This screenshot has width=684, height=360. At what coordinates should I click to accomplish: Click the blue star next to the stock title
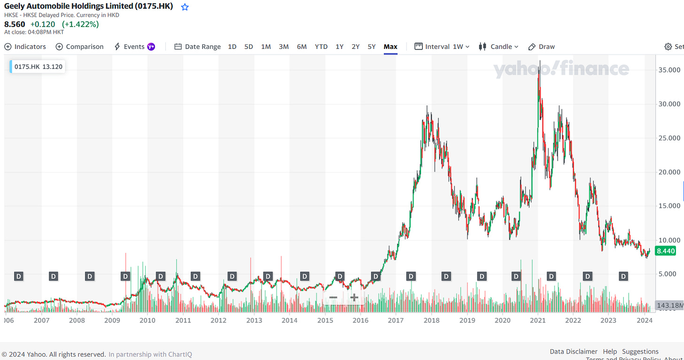[185, 7]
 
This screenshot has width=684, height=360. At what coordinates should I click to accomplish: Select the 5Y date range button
[372, 47]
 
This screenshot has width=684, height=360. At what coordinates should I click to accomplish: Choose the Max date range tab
[390, 47]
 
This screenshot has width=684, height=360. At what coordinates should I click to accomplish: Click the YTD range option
[321, 47]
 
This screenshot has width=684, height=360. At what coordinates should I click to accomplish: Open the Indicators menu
[25, 47]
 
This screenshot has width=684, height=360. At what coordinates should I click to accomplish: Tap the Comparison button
[79, 47]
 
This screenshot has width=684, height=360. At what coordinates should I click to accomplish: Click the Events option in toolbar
[134, 47]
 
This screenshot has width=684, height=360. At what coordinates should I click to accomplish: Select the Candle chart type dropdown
[498, 47]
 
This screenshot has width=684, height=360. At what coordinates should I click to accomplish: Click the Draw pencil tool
[542, 47]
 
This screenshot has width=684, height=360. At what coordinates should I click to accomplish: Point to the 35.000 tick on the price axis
[668, 70]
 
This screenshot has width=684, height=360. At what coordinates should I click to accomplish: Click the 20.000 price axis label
[668, 172]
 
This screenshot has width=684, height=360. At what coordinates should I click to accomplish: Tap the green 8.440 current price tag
[666, 251]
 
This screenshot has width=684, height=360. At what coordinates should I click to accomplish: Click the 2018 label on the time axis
[431, 321]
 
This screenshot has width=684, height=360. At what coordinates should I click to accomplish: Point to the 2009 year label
[112, 321]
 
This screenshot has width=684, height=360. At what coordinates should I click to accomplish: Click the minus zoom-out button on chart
[333, 297]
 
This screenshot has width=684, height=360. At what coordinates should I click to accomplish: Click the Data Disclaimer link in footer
[573, 352]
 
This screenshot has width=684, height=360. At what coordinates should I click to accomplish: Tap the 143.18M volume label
[669, 305]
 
